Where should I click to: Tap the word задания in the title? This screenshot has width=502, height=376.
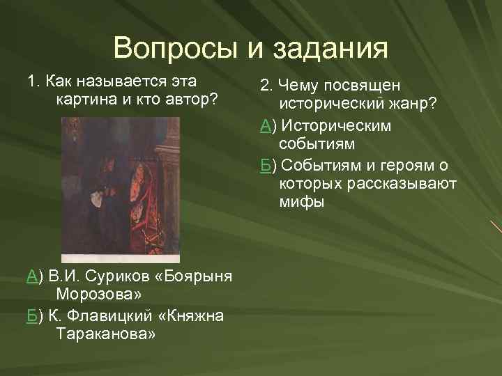pos(329,50)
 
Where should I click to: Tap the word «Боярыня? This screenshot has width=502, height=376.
pos(192,276)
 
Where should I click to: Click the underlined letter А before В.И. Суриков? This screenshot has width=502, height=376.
pos(32,276)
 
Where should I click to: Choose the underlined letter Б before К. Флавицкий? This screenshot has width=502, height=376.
pos(31,315)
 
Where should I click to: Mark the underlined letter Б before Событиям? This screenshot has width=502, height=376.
pos(265,166)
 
